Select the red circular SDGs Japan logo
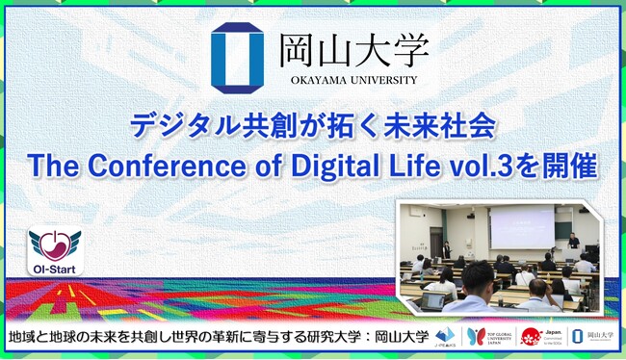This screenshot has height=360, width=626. [530, 336]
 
